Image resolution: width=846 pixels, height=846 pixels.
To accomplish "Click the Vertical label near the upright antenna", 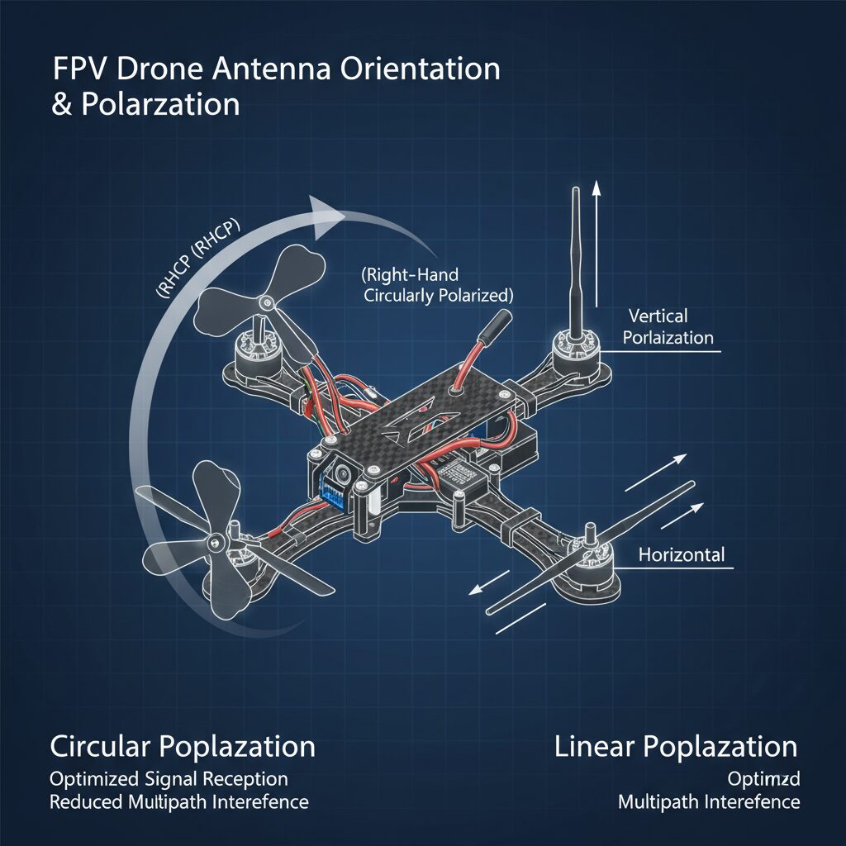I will pyautogui.click(x=658, y=316).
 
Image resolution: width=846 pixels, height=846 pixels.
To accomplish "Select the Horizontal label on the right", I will pyautogui.click(x=682, y=554).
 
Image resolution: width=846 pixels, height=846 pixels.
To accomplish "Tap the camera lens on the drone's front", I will pyautogui.click(x=339, y=475).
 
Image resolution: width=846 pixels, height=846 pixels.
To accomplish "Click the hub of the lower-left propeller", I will pyautogui.click(x=216, y=541).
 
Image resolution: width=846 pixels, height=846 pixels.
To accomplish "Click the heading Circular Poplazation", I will pyautogui.click(x=183, y=747).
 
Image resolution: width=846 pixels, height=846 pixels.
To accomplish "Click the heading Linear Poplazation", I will pyautogui.click(x=676, y=747).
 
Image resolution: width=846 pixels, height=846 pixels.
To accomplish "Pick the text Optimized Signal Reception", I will pyautogui.click(x=169, y=779).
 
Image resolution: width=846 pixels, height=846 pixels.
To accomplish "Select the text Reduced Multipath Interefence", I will pyautogui.click(x=178, y=802).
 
